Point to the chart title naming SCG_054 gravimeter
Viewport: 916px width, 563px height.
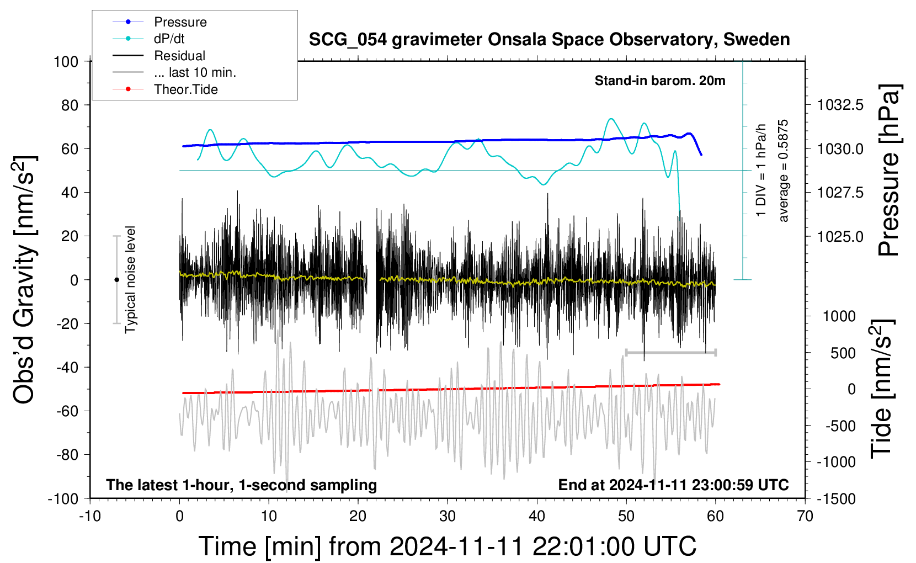pyautogui.click(x=549, y=40)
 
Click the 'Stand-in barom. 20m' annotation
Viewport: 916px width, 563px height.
pyautogui.click(x=660, y=81)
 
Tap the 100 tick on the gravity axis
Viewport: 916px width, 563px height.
pyautogui.click(x=66, y=62)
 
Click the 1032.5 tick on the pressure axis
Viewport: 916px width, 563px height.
pyautogui.click(x=840, y=105)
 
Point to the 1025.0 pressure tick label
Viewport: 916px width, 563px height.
pyautogui.click(x=840, y=236)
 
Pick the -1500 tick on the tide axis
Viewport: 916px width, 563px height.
pyautogui.click(x=836, y=499)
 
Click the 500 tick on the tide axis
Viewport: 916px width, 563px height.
pyautogui.click(x=843, y=353)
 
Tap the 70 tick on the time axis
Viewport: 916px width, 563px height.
pyautogui.click(x=805, y=516)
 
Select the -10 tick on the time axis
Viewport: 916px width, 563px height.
pyautogui.click(x=90, y=516)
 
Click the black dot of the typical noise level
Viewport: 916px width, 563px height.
pyautogui.click(x=116, y=280)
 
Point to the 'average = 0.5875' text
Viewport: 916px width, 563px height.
pyautogui.click(x=783, y=171)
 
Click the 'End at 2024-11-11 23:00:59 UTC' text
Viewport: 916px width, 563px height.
pyautogui.click(x=674, y=485)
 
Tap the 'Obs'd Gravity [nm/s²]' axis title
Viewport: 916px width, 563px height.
pyautogui.click(x=24, y=279)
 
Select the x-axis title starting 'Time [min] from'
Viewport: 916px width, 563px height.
pyautogui.click(x=448, y=546)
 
